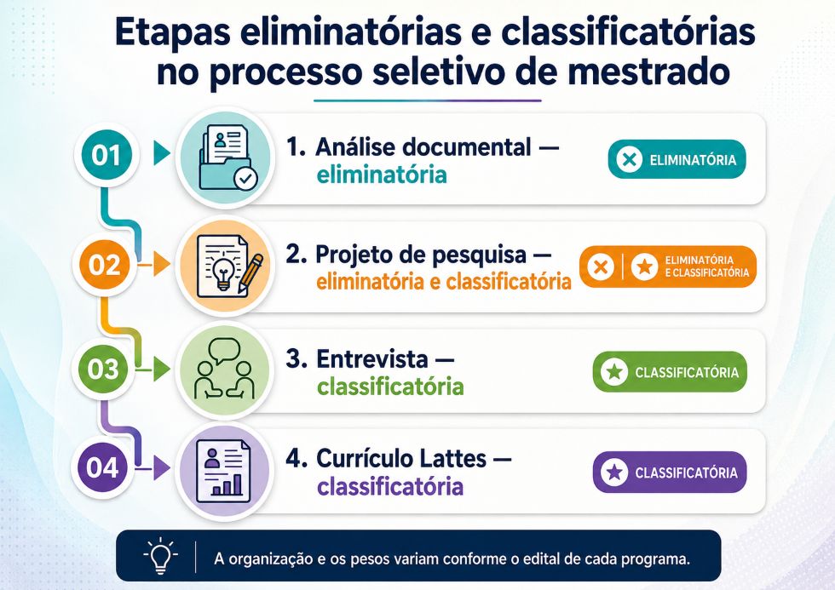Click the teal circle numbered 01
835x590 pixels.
tap(106, 156)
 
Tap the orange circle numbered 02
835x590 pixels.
tap(105, 265)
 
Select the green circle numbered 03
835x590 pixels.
tap(104, 369)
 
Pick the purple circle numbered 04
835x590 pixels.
tap(102, 467)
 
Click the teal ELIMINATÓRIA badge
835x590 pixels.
tap(677, 159)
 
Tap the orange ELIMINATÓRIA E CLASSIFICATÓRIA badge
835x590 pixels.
tap(668, 266)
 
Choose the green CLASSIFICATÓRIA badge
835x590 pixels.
tap(670, 372)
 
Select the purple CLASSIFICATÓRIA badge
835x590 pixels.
tap(670, 473)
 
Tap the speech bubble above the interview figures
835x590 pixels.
tap(225, 351)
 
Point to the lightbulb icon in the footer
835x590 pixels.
tap(161, 556)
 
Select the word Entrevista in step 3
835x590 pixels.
tap(372, 359)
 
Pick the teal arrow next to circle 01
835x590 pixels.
tap(162, 153)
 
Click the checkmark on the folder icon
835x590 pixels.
tap(246, 178)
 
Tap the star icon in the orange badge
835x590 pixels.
tap(644, 266)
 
